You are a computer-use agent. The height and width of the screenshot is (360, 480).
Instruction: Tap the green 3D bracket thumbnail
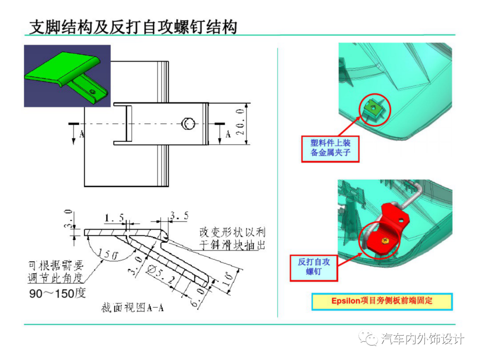pos(67,75)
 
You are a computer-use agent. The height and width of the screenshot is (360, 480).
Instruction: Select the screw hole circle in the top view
pos(188,124)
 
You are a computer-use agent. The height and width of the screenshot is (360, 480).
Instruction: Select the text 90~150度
pos(57,294)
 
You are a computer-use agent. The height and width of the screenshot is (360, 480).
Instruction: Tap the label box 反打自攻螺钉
pos(314,267)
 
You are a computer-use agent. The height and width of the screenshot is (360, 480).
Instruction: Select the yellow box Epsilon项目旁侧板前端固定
pos(382,301)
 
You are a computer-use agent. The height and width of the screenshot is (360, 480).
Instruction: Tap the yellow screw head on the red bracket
pos(384,240)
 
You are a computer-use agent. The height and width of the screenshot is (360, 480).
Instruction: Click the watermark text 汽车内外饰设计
pos(422,339)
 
